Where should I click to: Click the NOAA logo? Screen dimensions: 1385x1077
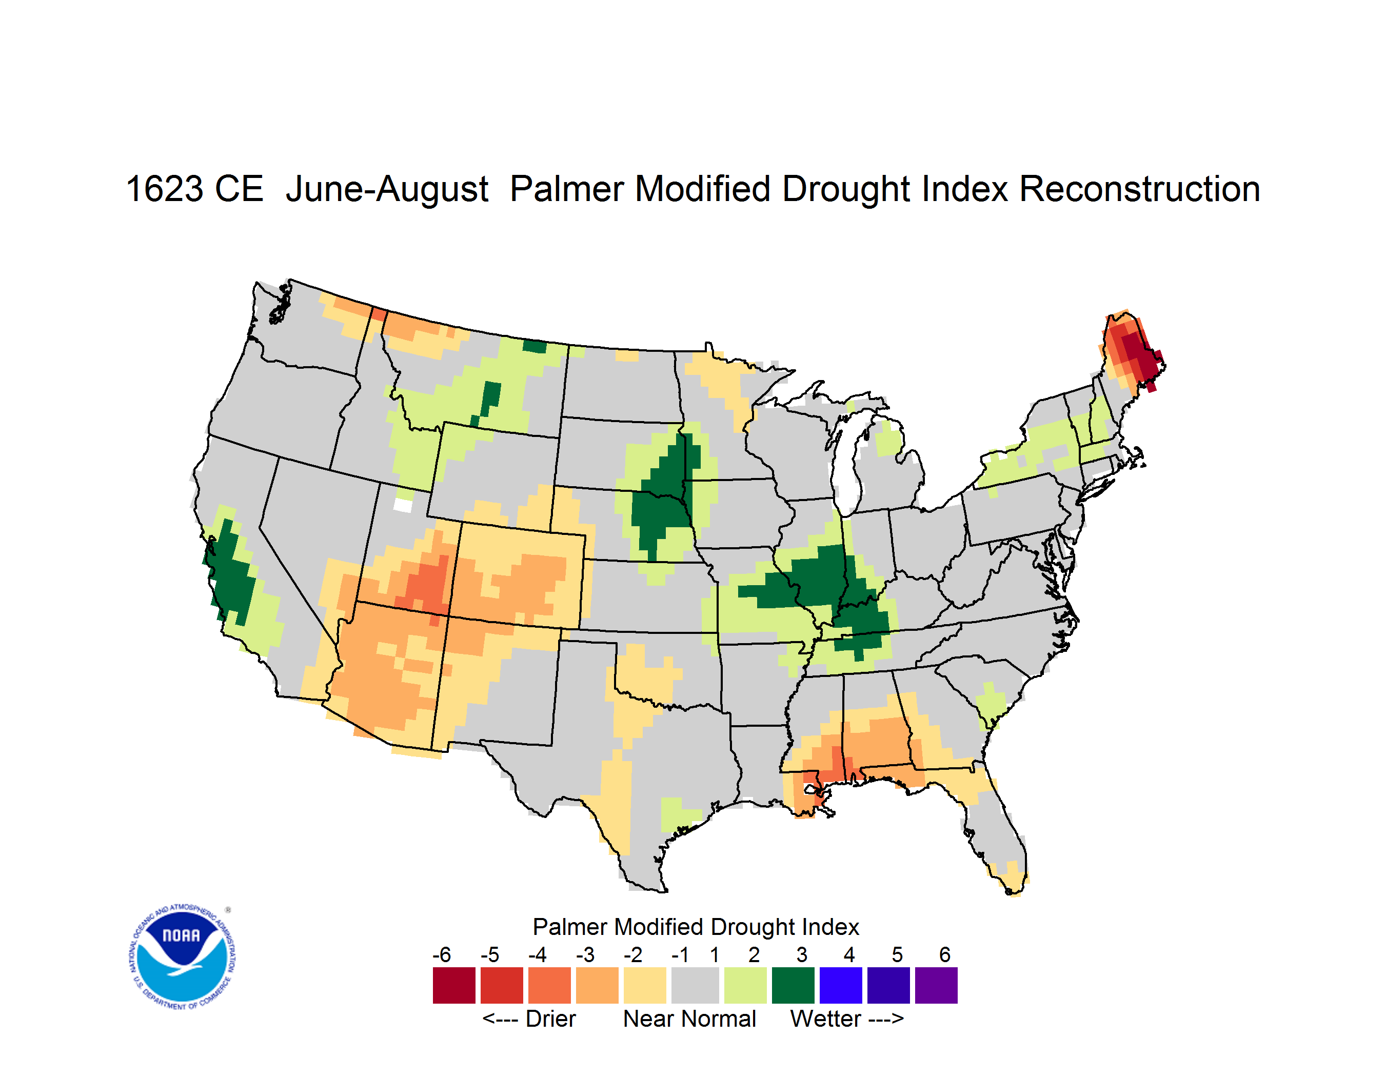click(x=182, y=957)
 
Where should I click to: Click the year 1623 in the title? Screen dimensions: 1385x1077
click(x=164, y=189)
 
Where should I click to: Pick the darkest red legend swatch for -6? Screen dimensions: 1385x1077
click(x=454, y=985)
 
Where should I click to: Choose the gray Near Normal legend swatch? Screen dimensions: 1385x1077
click(x=695, y=985)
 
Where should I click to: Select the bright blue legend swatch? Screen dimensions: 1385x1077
click(x=841, y=985)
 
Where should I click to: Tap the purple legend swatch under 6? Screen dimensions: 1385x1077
click(x=936, y=985)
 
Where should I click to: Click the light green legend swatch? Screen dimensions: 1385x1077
click(x=746, y=985)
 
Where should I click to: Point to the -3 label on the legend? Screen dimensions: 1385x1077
click(x=585, y=954)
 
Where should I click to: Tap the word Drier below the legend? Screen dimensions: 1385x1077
click(x=550, y=1019)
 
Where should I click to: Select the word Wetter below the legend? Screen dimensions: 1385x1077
click(x=826, y=1019)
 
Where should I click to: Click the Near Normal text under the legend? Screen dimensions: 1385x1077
click(x=689, y=1019)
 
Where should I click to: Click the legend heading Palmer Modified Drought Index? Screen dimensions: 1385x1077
click(x=696, y=927)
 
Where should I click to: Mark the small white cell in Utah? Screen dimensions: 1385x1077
click(x=403, y=505)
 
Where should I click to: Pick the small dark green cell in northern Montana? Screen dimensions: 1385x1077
click(x=535, y=346)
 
